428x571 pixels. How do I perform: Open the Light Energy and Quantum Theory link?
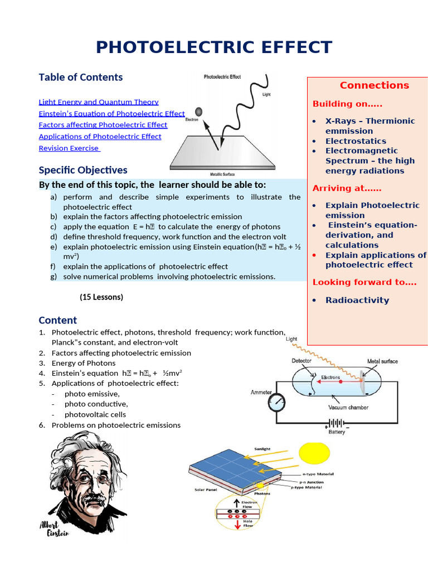coord(99,102)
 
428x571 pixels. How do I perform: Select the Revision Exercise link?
coord(69,148)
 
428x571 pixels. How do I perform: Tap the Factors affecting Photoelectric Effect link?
coord(103,125)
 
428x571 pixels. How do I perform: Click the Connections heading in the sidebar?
coord(374,85)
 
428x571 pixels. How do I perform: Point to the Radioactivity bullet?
coord(357,300)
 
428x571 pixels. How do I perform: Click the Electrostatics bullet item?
coord(356,141)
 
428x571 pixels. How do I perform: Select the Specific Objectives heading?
coord(83,170)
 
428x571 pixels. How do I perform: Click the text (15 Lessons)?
coord(101,297)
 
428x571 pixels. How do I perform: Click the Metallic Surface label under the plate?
coord(222,175)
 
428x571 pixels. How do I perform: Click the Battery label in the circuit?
coord(337,432)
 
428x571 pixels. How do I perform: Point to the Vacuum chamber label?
coord(348,408)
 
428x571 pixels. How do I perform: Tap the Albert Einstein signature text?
coord(54,529)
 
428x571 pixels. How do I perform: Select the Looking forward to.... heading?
coord(364,282)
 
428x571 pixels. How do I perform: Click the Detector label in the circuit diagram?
coord(301,361)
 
